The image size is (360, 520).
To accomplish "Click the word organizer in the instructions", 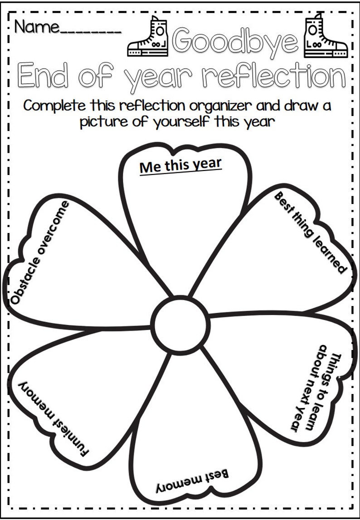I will pyautogui.click(x=216, y=107).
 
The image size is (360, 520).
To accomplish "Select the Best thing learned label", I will pyautogui.click(x=310, y=232).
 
